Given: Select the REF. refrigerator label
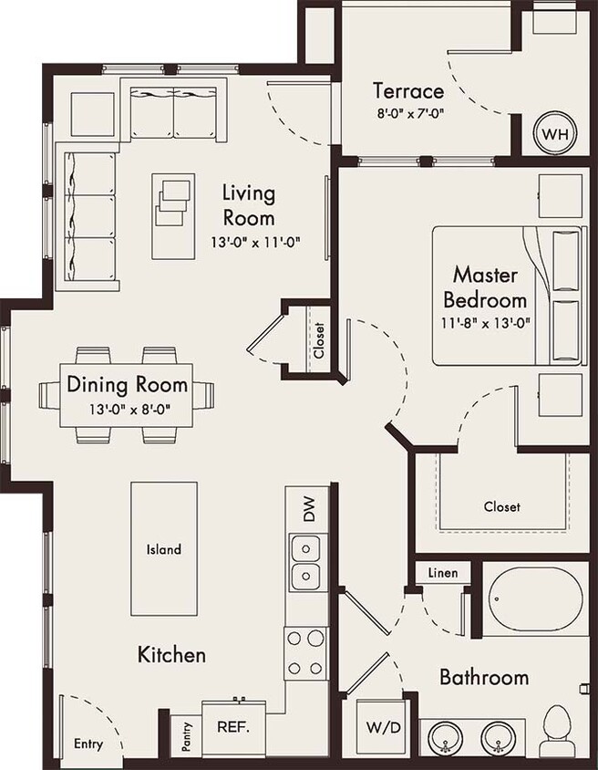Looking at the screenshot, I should [233, 729].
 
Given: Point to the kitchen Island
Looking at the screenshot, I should [164, 549].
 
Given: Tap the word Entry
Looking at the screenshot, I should [88, 744].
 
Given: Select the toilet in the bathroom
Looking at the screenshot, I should [554, 733].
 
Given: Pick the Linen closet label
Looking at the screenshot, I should [442, 573].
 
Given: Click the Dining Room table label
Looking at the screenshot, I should [127, 384].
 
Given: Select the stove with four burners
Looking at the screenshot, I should [305, 653].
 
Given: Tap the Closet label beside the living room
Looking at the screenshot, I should [318, 341].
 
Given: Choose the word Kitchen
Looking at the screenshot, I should [171, 654].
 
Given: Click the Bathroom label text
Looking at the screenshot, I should [484, 677].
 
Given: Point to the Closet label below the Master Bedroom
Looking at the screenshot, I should [501, 506].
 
